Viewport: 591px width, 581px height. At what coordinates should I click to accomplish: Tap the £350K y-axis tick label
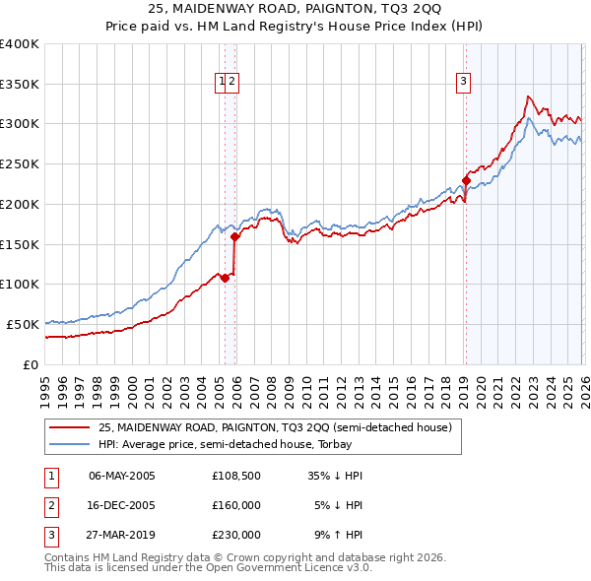pos(20,84)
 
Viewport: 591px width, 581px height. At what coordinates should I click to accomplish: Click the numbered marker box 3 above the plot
pos(462,83)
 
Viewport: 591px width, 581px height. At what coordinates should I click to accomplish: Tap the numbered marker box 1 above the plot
pos(223,83)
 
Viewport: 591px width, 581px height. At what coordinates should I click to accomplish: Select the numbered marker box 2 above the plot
pos(232,83)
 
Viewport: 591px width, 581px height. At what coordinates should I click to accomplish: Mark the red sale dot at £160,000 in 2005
pos(235,236)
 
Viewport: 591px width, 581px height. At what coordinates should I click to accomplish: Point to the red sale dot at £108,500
pos(225,278)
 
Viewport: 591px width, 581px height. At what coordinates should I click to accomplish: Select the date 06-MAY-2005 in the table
pos(121,476)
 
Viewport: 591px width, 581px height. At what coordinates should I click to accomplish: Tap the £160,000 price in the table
pos(236,505)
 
